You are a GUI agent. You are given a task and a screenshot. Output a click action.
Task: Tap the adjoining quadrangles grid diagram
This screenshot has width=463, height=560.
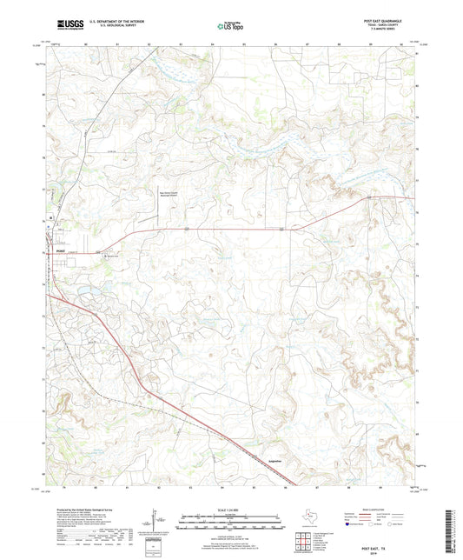(x=304, y=542)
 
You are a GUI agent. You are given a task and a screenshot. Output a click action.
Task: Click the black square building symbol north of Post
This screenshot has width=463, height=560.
(x=51, y=216)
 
